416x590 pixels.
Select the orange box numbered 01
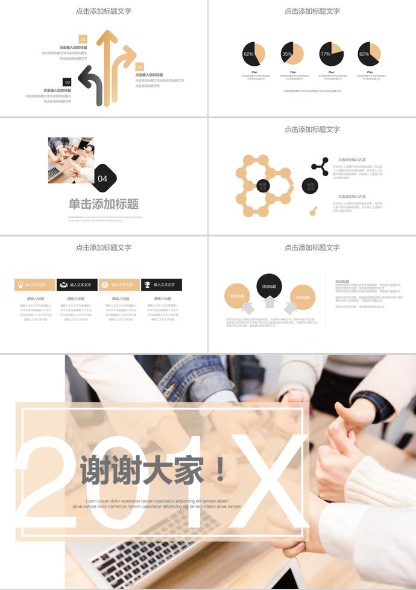[x=83, y=39]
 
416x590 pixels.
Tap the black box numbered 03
[x=67, y=82]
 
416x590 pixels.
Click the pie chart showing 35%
[x=292, y=54]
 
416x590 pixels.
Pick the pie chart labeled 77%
[x=331, y=54]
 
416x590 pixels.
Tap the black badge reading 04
[x=103, y=178]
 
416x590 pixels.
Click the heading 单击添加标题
[x=104, y=204]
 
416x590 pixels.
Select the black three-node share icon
[x=320, y=167]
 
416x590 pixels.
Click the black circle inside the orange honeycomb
[x=263, y=186]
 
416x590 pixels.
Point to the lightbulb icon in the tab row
[x=20, y=285]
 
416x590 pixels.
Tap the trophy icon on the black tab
[x=147, y=285]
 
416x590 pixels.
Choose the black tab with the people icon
[x=77, y=285]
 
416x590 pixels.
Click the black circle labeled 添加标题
[x=269, y=286]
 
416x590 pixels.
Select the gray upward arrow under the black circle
[x=269, y=302]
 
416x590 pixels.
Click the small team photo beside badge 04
[x=71, y=160]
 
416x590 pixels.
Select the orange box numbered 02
[x=140, y=67]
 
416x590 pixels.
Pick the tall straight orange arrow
[x=107, y=66]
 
